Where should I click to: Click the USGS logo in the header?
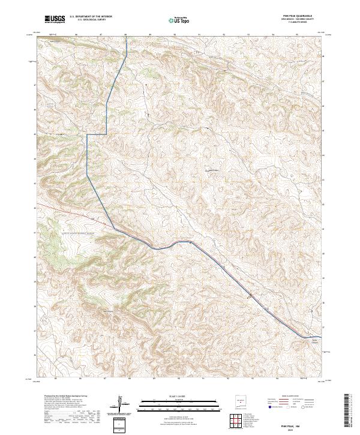55,19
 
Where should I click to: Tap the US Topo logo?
173,20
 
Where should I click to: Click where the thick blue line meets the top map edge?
127,37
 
